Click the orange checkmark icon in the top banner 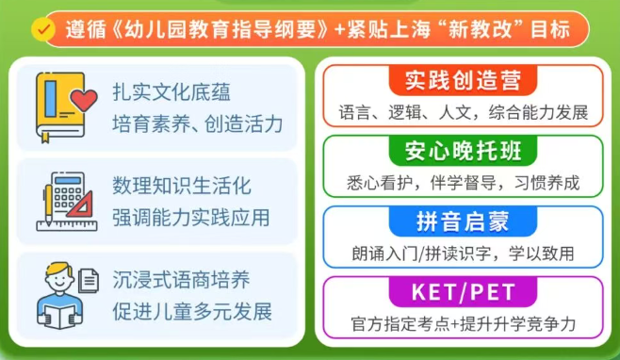[x=42, y=29]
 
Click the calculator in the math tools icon [x=65, y=193]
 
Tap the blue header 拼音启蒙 [x=462, y=221]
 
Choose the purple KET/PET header [x=462, y=292]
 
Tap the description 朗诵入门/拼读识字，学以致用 [x=462, y=253]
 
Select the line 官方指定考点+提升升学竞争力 [x=462, y=324]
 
